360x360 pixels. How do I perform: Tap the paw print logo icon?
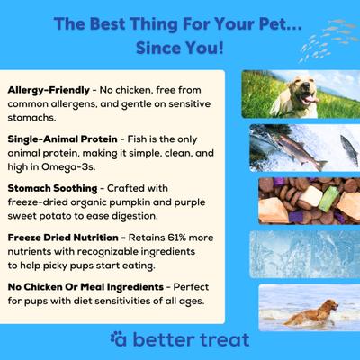pyautogui.click(x=119, y=339)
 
